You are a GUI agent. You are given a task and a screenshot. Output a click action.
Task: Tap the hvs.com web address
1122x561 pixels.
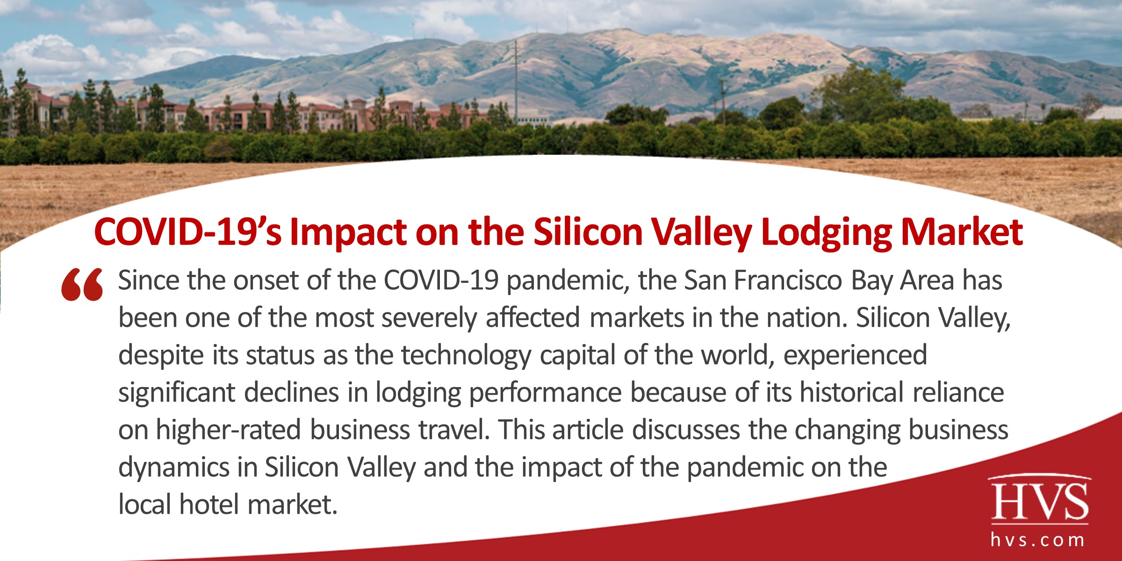(x=1038, y=540)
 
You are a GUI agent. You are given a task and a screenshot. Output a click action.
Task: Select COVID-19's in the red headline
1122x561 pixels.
(x=187, y=232)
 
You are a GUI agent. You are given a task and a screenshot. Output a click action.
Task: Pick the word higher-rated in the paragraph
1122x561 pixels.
(x=228, y=430)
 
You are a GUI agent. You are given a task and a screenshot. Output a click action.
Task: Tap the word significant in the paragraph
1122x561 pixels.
(x=177, y=393)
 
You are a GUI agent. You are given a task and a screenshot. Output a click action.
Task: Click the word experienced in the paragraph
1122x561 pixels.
(x=855, y=355)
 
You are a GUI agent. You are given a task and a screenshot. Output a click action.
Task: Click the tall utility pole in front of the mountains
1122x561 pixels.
(x=516, y=79)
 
